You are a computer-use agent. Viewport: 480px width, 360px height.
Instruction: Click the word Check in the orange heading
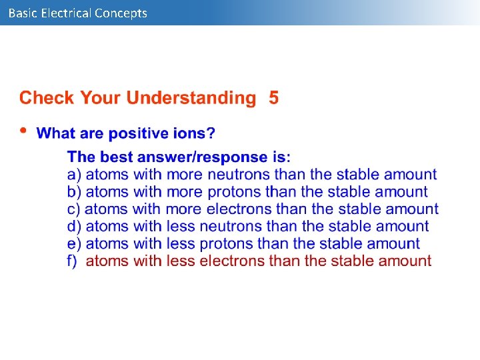click(47, 98)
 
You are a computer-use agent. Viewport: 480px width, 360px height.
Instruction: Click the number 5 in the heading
click(274, 98)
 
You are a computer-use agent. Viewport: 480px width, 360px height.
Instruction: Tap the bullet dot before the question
click(24, 130)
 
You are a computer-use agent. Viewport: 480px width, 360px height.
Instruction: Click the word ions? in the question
click(195, 133)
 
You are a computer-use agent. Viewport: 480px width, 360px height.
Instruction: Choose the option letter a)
click(74, 175)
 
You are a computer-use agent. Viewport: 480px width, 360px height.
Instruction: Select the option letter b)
click(74, 192)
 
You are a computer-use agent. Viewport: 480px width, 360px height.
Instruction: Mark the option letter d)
click(74, 227)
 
